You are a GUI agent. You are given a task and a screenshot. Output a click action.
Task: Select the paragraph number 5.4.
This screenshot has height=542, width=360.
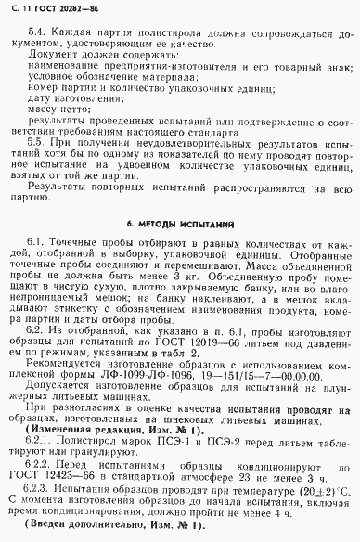point(37,31)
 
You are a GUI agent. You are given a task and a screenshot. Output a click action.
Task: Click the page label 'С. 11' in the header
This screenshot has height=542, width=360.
point(18,9)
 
